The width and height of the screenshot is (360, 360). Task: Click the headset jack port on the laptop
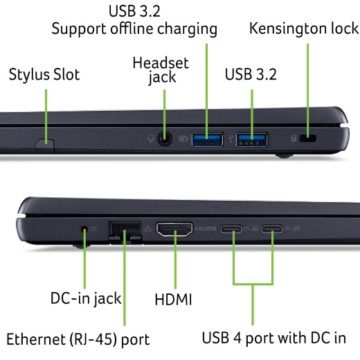165,138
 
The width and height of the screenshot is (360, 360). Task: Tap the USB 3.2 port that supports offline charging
207,140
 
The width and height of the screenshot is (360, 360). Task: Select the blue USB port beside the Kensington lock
252,140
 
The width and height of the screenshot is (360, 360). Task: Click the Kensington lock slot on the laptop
307,138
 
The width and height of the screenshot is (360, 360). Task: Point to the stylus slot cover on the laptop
45,146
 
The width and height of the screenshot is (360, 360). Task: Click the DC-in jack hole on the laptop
84,229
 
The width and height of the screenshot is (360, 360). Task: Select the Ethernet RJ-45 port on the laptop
125,233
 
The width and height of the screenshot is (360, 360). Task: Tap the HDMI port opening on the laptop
174,229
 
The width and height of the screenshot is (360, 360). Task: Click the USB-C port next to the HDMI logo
231,229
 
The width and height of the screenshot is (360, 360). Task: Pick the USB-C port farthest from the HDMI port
272,229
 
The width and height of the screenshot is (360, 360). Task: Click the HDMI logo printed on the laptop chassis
206,228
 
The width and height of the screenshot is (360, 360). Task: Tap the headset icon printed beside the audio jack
151,138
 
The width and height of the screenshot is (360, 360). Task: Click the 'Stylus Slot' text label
44,75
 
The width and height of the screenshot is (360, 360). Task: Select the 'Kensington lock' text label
304,28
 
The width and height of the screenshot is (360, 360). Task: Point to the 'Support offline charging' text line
134,30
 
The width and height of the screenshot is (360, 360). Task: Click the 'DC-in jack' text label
86,298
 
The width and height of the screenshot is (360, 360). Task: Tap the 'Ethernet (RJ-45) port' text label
78,340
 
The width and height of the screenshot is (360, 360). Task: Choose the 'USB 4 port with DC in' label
274,339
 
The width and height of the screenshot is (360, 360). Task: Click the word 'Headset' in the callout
161,63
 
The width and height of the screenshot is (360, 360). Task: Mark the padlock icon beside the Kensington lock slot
294,138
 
